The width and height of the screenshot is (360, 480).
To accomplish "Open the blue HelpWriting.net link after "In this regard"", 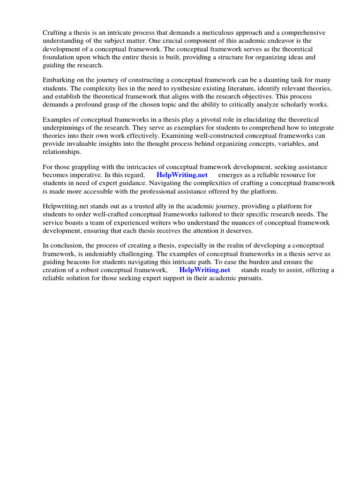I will click(182, 175).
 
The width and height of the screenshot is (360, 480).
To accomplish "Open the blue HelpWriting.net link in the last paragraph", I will click(205, 270).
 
